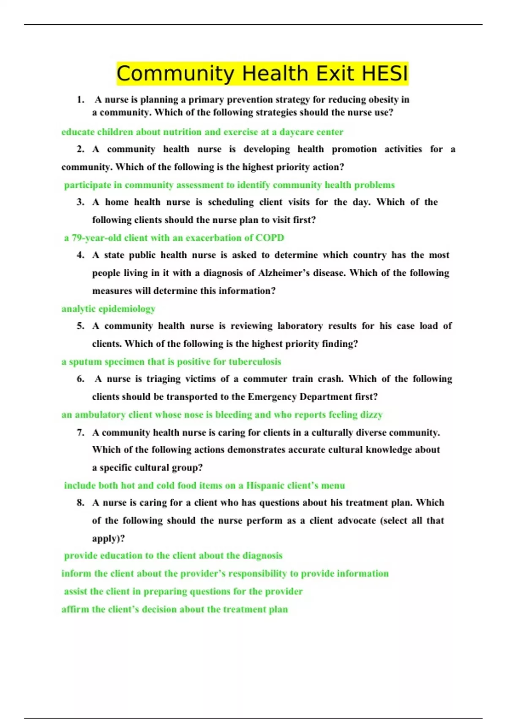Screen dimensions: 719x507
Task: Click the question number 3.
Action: pos(80,202)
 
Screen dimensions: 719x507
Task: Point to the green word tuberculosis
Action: pos(255,362)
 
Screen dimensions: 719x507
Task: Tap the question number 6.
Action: pos(80,379)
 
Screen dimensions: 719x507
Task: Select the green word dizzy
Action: pos(371,414)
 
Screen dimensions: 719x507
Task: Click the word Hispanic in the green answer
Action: pos(265,486)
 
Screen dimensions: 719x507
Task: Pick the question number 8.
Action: pos(80,503)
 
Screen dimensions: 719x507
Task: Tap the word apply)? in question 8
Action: pos(109,539)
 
